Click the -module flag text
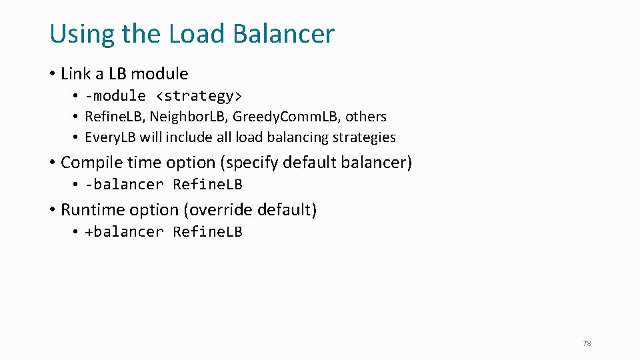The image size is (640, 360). [x=115, y=95]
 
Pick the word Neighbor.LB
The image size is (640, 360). [x=187, y=117]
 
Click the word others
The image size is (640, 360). [x=366, y=117]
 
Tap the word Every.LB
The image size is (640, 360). [x=110, y=137]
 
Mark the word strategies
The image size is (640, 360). [x=366, y=137]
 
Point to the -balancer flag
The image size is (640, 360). [x=124, y=184]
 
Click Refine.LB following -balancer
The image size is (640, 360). [x=207, y=184]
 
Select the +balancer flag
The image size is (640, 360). [x=124, y=231]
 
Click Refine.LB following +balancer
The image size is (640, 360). [x=207, y=231]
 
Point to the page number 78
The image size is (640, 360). [x=587, y=343]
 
